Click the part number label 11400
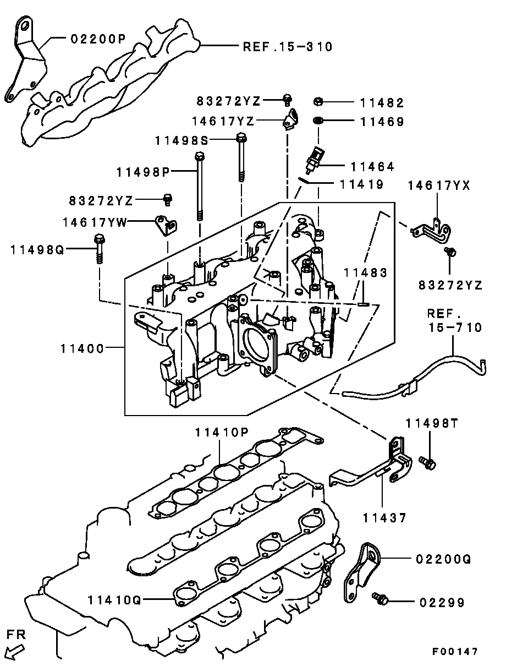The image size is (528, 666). click(82, 348)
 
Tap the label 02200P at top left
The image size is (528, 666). click(98, 39)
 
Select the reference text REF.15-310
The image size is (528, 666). click(288, 47)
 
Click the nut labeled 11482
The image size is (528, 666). click(318, 101)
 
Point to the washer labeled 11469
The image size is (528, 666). click(318, 121)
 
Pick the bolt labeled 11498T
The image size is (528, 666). click(427, 463)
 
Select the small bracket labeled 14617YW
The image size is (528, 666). click(166, 225)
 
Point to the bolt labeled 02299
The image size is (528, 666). click(380, 599)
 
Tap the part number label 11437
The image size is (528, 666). click(384, 518)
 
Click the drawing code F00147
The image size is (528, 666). click(454, 652)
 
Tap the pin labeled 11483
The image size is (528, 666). click(362, 302)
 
